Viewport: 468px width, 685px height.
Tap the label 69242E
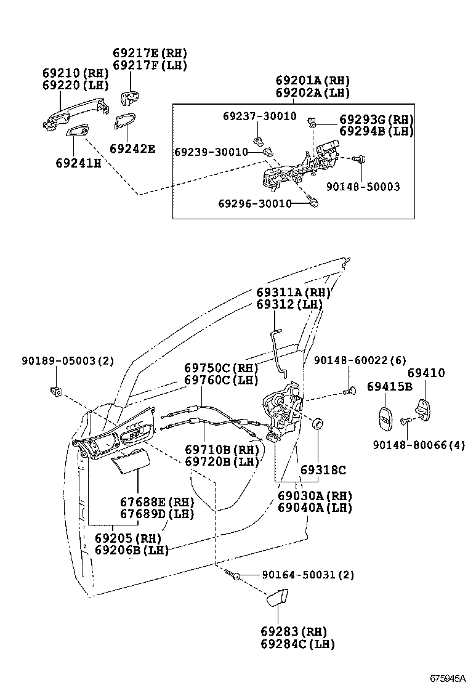coord(132,148)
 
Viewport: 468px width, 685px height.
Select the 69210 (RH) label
coord(76,73)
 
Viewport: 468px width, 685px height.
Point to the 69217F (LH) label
coord(150,65)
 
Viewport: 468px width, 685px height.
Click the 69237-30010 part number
coord(259,116)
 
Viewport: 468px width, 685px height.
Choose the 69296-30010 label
coord(254,203)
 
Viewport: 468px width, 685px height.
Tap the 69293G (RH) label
coord(376,120)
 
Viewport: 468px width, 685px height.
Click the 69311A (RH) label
coord(294,292)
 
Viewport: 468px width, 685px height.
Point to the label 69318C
coord(323,470)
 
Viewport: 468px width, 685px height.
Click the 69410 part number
coord(426,373)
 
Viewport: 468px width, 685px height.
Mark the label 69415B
coord(389,387)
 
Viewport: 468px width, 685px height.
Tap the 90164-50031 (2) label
coord(308,575)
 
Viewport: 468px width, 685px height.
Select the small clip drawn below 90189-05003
coord(56,391)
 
